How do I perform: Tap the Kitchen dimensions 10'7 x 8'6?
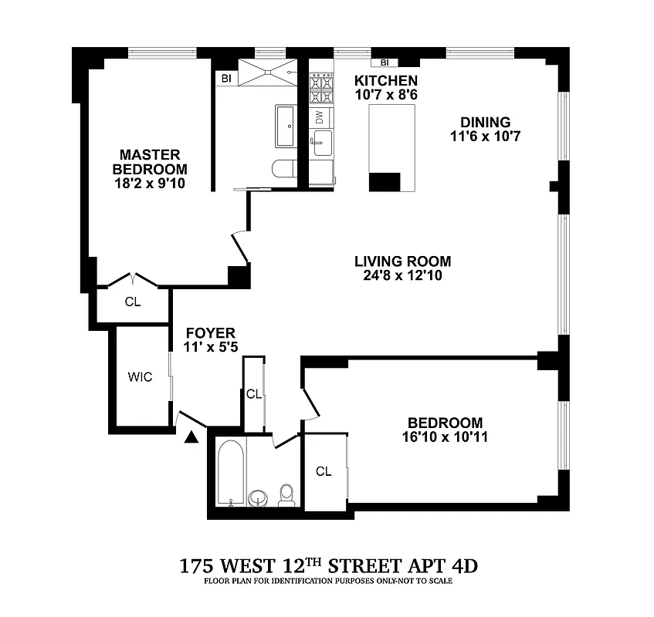click(x=386, y=95)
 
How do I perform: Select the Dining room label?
click(x=486, y=122)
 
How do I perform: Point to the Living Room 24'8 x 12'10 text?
click(x=402, y=275)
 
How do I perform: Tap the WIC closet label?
click(x=140, y=377)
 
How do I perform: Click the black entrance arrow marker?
click(x=191, y=437)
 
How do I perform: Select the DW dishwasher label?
click(x=319, y=116)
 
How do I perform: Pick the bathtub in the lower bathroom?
click(x=231, y=472)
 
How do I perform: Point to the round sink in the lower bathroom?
click(x=260, y=497)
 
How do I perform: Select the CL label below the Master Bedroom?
click(x=133, y=302)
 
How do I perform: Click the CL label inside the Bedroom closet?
click(x=323, y=471)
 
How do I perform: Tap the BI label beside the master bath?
click(x=226, y=78)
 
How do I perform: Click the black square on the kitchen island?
click(x=385, y=182)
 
